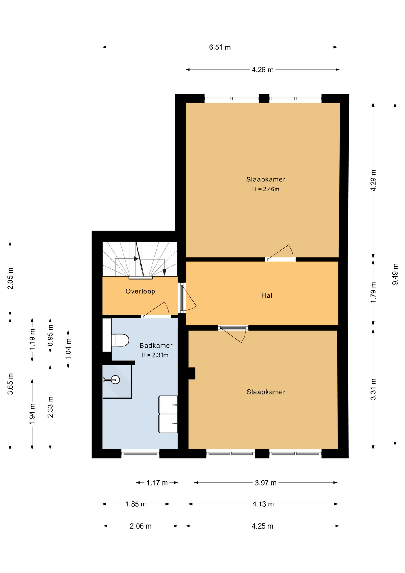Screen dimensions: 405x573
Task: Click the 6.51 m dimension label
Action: tap(220, 47)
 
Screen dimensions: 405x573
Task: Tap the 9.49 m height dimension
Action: tap(395, 274)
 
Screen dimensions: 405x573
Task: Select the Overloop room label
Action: tap(140, 291)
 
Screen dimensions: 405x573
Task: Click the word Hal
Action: tap(267, 295)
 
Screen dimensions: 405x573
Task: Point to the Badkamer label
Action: tap(156, 345)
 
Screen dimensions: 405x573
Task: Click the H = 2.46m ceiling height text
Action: tap(266, 189)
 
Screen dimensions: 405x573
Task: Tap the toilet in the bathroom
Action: tap(120, 340)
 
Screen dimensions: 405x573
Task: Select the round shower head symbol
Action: tap(115, 380)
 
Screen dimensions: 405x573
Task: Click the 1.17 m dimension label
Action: tap(157, 483)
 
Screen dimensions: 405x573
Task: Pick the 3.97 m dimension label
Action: tap(266, 483)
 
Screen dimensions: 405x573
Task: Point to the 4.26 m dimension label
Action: tap(263, 70)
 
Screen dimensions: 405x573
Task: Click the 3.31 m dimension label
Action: tap(373, 389)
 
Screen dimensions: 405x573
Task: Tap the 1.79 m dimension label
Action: tap(373, 292)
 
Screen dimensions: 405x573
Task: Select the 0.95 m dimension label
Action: tap(50, 335)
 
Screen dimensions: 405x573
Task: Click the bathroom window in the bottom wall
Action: tap(140, 454)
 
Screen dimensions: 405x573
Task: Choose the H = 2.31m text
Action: tap(155, 355)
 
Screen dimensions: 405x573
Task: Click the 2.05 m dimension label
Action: tap(10, 278)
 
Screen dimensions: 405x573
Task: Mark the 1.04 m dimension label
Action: tap(68, 349)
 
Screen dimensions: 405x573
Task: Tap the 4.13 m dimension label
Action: tap(263, 504)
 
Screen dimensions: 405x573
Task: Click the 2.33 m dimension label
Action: tap(50, 407)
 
